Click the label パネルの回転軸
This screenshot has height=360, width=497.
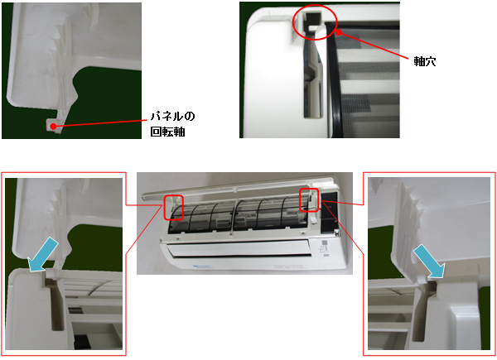(x=172, y=124)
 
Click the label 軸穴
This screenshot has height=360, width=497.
(x=425, y=61)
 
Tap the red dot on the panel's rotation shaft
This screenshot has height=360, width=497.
(x=54, y=127)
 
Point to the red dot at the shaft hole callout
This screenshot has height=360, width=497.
(x=339, y=31)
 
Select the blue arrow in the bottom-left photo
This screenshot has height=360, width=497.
(x=42, y=256)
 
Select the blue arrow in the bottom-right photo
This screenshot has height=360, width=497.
(x=429, y=262)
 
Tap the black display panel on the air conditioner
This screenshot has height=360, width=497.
(x=329, y=215)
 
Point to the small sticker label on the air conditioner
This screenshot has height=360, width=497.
(x=324, y=247)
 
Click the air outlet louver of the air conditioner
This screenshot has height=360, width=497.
(x=239, y=249)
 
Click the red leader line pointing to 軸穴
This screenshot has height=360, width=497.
(x=374, y=46)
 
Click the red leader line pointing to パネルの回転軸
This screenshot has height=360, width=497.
(x=100, y=123)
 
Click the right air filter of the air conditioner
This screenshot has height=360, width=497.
(x=270, y=214)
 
